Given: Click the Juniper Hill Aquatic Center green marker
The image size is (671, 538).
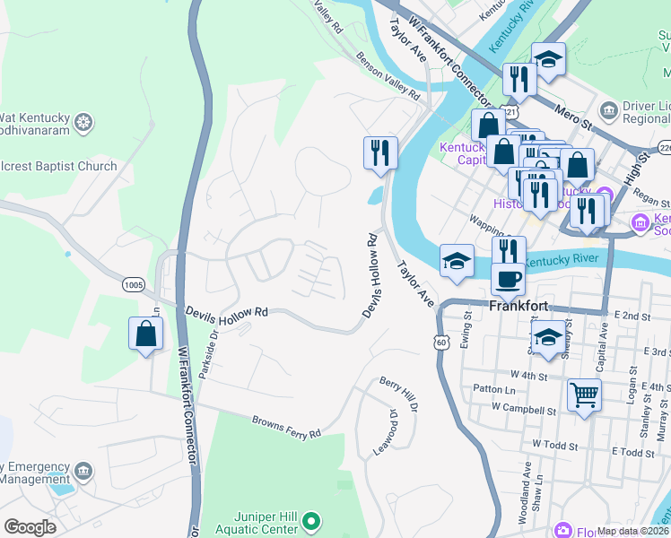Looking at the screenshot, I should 311,520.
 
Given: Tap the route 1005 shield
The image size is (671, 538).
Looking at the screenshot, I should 134,285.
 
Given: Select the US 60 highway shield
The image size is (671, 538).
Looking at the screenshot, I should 440,343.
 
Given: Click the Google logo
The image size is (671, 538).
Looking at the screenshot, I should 30,527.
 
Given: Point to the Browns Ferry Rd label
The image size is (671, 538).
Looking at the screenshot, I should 285,427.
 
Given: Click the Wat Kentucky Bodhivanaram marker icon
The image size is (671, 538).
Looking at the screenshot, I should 83,121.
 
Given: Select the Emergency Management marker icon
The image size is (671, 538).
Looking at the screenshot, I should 83,470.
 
